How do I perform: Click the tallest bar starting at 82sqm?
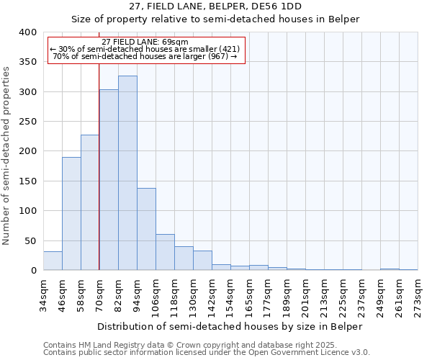point(127,173)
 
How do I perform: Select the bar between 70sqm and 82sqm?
point(109,180)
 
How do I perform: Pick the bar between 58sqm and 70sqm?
point(90,202)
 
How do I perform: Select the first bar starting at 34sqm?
point(53,261)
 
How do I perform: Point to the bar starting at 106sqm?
point(165,252)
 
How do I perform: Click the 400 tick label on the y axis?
point(27,32)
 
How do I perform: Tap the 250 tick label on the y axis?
point(27,122)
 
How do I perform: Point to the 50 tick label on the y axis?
point(30,240)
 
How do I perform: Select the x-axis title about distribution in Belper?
point(230,326)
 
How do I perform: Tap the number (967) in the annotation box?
point(216,56)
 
